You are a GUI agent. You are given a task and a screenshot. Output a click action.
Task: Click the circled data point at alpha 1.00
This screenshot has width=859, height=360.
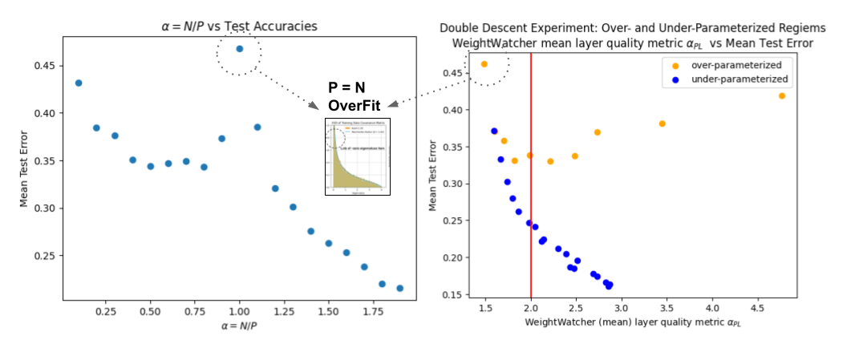point(239,49)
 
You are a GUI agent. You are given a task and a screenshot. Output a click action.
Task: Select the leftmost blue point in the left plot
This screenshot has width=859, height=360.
point(79,83)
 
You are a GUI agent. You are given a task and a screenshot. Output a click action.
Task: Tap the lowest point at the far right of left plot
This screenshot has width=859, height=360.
point(399,288)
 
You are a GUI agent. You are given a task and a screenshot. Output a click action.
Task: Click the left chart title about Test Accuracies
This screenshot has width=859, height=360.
point(240,26)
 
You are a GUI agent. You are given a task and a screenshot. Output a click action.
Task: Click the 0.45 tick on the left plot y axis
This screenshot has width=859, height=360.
point(47,66)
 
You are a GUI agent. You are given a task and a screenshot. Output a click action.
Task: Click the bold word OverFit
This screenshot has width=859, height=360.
point(353,104)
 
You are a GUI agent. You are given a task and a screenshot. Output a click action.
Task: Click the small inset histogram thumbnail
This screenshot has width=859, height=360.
point(357,156)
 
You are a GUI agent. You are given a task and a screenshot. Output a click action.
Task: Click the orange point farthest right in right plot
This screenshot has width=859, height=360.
point(782,95)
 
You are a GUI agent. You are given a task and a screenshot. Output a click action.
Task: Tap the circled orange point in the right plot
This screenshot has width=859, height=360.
point(484,64)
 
